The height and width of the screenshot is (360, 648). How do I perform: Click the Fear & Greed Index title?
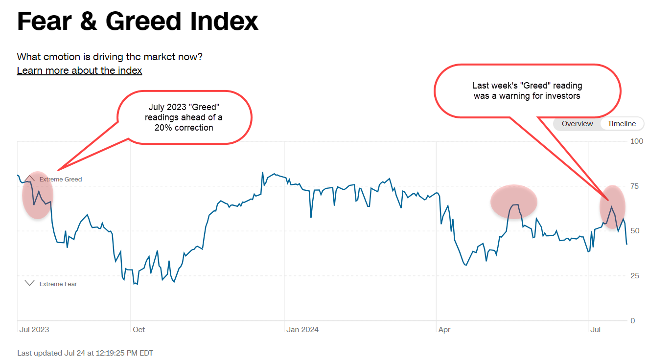[x=138, y=22]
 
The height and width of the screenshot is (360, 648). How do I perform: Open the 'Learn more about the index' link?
[x=79, y=70]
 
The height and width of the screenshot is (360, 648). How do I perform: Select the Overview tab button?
[x=577, y=124]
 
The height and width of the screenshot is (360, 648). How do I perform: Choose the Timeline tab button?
[x=622, y=124]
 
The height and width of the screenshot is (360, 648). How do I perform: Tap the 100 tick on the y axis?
[x=637, y=141]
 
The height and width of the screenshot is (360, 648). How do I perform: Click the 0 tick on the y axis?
[x=633, y=321]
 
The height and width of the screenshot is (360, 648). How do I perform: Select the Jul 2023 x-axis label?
[x=34, y=330]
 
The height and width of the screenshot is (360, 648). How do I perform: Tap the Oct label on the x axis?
[x=139, y=330]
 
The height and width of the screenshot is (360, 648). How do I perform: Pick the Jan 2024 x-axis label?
[x=302, y=330]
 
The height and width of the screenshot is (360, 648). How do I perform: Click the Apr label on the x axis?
[x=444, y=330]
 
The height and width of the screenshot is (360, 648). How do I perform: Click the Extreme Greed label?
[x=61, y=180]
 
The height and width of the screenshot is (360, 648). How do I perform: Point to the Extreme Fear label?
[x=58, y=284]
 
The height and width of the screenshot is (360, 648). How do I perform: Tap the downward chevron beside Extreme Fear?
[x=29, y=283]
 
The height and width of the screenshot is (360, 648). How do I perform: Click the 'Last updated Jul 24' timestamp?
[x=85, y=353]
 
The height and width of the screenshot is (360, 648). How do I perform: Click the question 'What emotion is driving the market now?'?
[x=110, y=57]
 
